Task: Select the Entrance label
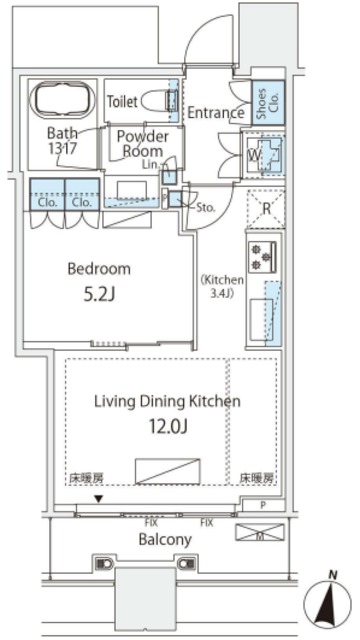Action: pyautogui.click(x=215, y=113)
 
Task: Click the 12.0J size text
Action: pyautogui.click(x=167, y=429)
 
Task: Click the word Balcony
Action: pyautogui.click(x=165, y=539)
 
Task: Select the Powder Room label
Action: pyautogui.click(x=142, y=142)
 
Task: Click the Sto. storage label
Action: pyautogui.click(x=207, y=210)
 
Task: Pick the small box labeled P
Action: pyautogui.click(x=262, y=507)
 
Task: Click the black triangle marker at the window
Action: pyautogui.click(x=98, y=498)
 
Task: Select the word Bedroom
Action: pyautogui.click(x=99, y=269)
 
